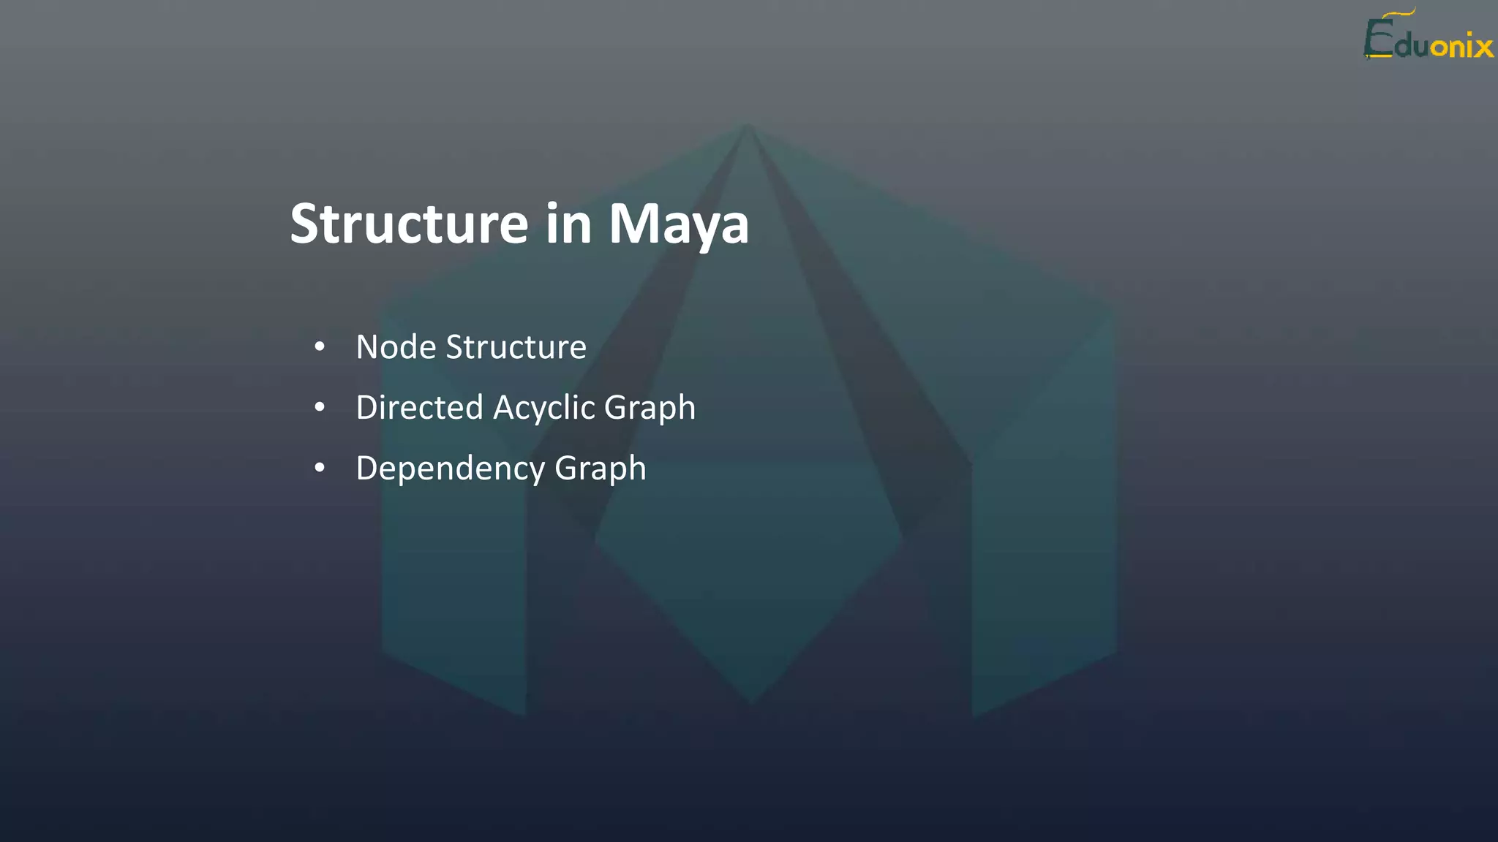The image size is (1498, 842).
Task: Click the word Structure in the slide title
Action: point(409,224)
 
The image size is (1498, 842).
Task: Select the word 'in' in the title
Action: point(568,224)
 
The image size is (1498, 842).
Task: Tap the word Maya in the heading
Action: point(679,225)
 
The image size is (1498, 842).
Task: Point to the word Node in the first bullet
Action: point(396,347)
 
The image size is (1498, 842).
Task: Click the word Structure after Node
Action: point(516,347)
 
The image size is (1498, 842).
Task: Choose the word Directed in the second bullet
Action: point(420,408)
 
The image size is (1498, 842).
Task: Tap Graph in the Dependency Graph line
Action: point(601,469)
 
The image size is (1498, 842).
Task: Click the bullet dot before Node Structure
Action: point(320,347)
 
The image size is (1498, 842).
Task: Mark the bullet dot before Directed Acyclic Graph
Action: point(320,408)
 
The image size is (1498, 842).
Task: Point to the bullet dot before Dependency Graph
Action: point(320,469)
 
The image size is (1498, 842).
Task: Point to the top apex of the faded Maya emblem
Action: point(747,125)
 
